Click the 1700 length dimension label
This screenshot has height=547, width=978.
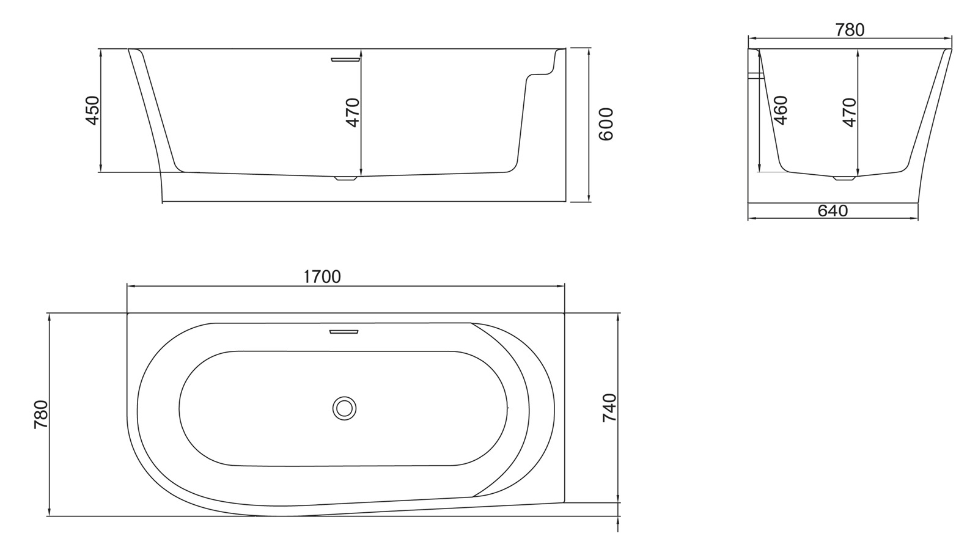pyautogui.click(x=322, y=277)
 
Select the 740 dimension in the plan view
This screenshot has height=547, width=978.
pyautogui.click(x=609, y=408)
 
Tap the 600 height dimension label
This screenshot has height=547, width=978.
pyautogui.click(x=605, y=124)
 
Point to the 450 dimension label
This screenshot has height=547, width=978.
pyautogui.click(x=92, y=111)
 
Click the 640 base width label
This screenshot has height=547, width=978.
pyautogui.click(x=833, y=211)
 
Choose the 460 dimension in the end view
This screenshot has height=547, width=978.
pyautogui.click(x=781, y=110)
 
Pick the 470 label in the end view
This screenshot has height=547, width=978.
pyautogui.click(x=849, y=112)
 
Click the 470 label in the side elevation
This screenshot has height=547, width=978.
pyautogui.click(x=353, y=112)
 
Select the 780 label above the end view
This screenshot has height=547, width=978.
pyautogui.click(x=850, y=29)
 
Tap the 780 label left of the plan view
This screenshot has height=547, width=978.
pyautogui.click(x=41, y=414)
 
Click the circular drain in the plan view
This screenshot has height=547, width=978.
pyautogui.click(x=345, y=408)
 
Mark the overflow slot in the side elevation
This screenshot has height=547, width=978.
pyautogui.click(x=345, y=59)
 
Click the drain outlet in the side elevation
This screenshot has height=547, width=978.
pyautogui.click(x=345, y=179)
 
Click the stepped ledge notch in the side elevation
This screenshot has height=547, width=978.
pyautogui.click(x=541, y=73)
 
